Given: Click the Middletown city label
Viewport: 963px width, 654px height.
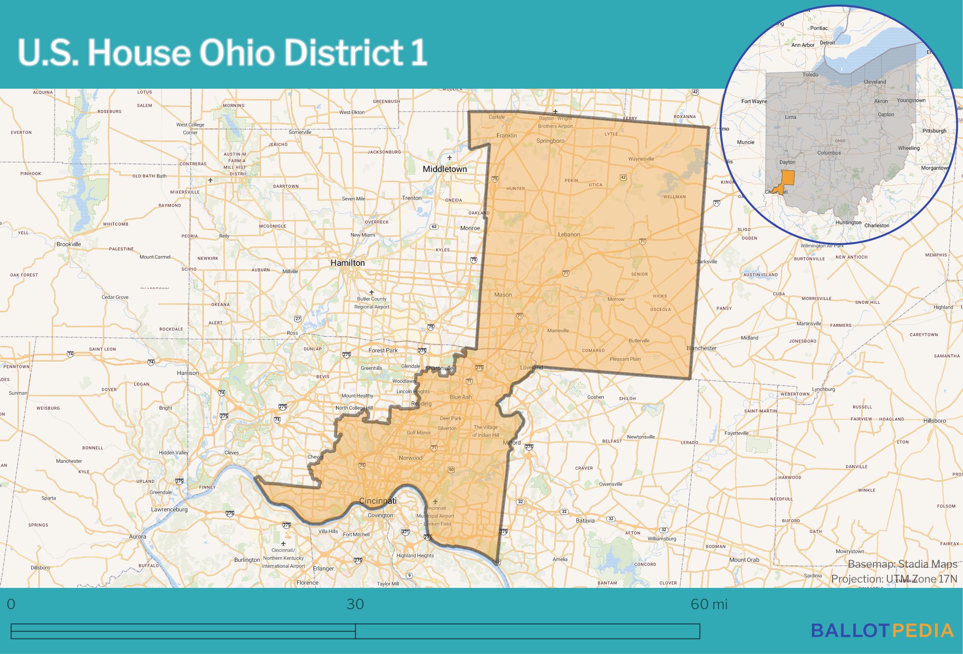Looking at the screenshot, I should (x=444, y=169).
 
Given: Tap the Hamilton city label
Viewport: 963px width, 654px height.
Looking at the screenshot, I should (x=347, y=263).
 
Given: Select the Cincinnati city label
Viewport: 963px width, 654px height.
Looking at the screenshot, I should (x=378, y=501).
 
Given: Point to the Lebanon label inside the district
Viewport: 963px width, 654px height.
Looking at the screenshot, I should (x=569, y=234).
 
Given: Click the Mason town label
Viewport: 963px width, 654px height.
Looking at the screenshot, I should (x=503, y=295).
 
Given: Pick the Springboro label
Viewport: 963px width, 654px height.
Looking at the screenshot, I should (x=550, y=141).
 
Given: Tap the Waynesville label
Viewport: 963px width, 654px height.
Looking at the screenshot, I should (x=641, y=159).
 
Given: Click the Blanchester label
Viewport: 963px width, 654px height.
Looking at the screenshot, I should (x=702, y=348).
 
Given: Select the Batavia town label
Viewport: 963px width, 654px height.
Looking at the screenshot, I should (x=585, y=521).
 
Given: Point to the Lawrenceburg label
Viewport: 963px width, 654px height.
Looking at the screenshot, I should (x=169, y=510).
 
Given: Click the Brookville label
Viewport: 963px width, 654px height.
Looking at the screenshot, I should (x=69, y=244).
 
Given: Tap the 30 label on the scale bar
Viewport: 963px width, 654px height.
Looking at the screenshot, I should (x=355, y=604).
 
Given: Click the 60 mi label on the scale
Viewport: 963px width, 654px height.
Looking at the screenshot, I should (x=709, y=604).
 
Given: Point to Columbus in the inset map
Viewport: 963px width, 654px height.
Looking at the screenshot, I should (x=829, y=153).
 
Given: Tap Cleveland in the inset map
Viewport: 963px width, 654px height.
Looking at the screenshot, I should (x=875, y=82).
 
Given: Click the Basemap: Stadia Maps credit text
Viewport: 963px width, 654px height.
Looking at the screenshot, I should (x=902, y=564).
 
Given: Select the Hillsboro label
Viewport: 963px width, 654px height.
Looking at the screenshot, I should (x=935, y=421).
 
